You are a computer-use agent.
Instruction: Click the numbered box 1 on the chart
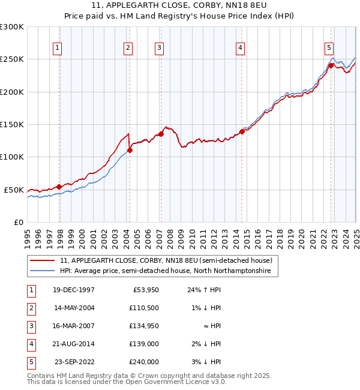56,49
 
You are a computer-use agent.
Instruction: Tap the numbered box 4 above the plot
240,49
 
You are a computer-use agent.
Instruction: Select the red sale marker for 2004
130,150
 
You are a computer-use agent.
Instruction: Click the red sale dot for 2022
331,66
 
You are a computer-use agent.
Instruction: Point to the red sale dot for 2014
242,131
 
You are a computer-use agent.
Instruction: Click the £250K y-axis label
12,59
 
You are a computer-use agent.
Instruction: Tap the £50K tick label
14,190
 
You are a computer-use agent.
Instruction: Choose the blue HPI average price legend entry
165,271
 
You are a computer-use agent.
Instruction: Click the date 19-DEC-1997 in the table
74,290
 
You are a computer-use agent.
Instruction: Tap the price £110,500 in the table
145,308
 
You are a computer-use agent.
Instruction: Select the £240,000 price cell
145,362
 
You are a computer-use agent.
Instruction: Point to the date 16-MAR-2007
74,326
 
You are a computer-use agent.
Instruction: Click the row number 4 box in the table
31,344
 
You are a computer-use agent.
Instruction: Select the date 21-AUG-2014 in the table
74,344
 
